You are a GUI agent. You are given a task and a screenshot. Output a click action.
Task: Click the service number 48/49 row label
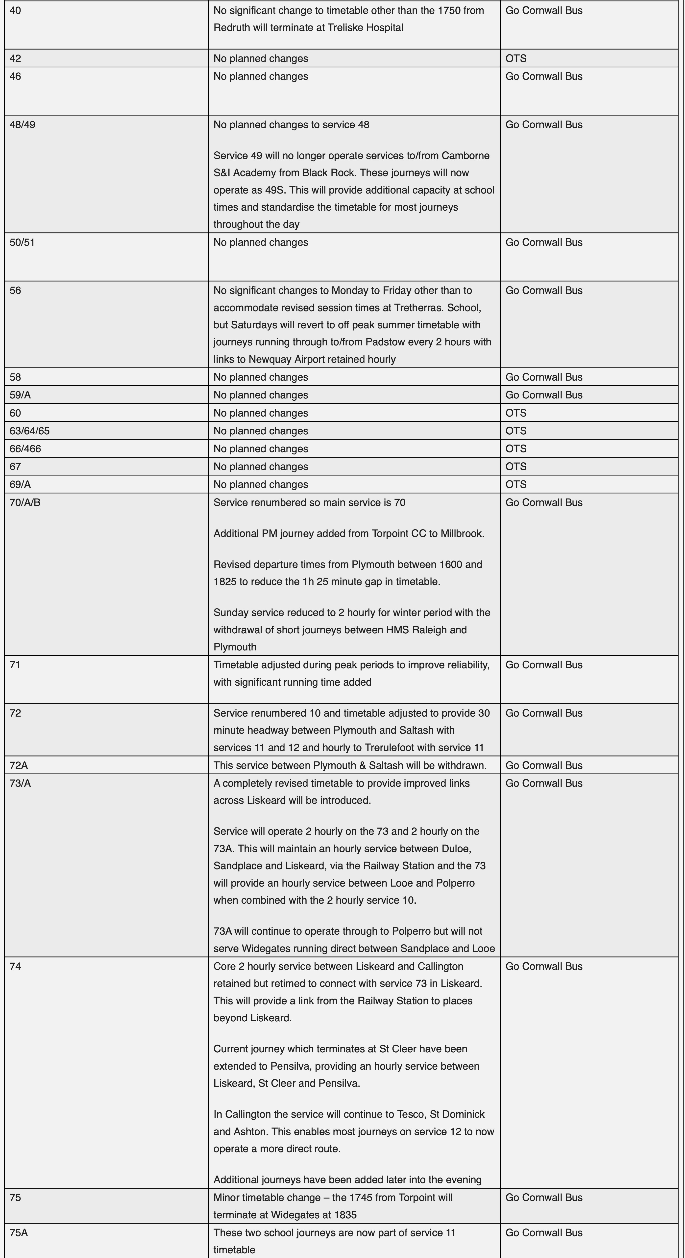23,125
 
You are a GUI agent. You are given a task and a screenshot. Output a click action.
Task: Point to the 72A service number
19,765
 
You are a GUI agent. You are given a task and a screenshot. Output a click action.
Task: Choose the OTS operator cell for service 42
516,59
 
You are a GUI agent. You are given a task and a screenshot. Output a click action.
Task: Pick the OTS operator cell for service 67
516,466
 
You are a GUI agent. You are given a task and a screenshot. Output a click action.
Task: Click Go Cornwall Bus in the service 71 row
544,665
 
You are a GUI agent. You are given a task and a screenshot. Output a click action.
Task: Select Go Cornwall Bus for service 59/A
544,394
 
